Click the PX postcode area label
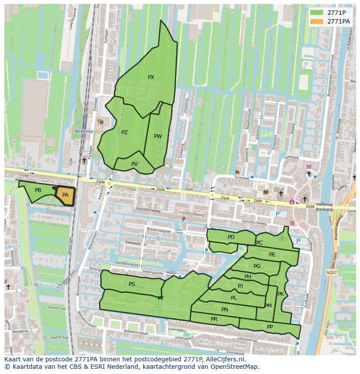[151, 77]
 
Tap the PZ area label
[124, 132]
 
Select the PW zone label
[158, 136]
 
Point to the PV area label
[134, 164]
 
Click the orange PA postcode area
[65, 195]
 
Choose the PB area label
[38, 190]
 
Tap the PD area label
[231, 237]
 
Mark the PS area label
[132, 284]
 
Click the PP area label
[270, 327]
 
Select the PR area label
[214, 319]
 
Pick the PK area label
[280, 294]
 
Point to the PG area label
[257, 266]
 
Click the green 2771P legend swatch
[317, 13]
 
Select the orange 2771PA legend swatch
[317, 21]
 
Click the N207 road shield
[331, 272]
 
